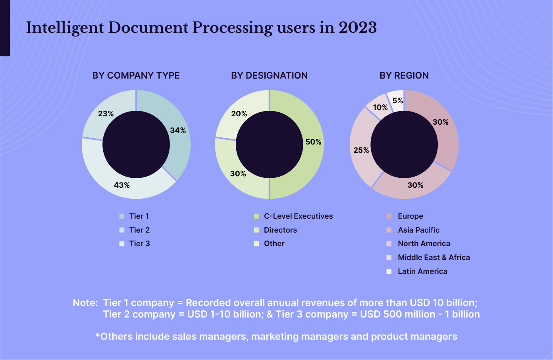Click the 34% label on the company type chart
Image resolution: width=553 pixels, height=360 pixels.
tap(178, 131)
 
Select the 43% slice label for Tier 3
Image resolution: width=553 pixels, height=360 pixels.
tap(122, 185)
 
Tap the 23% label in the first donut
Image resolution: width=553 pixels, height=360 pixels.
tap(106, 114)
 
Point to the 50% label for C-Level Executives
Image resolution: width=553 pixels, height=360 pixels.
tap(313, 142)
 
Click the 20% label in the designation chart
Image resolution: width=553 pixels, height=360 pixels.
tap(239, 114)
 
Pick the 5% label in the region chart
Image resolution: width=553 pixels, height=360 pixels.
tap(398, 101)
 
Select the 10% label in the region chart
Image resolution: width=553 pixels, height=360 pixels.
tap(380, 108)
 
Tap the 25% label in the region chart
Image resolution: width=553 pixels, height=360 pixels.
tap(361, 150)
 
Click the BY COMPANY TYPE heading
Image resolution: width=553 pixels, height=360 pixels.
tap(136, 75)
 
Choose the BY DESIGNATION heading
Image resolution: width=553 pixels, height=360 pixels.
tap(269, 75)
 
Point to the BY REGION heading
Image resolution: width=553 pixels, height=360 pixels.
tap(404, 75)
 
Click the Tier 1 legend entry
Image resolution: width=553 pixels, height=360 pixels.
tap(139, 216)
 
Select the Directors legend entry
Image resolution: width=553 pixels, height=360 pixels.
tap(280, 230)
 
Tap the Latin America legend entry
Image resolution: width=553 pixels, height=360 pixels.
tap(422, 271)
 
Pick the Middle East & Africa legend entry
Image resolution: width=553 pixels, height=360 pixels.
tap(434, 258)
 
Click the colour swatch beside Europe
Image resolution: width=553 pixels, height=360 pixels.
tap(389, 216)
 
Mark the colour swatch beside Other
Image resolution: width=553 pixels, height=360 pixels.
tap(256, 244)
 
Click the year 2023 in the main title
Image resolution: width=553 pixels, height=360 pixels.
tap(357, 28)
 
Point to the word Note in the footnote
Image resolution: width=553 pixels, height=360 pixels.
tap(85, 303)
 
